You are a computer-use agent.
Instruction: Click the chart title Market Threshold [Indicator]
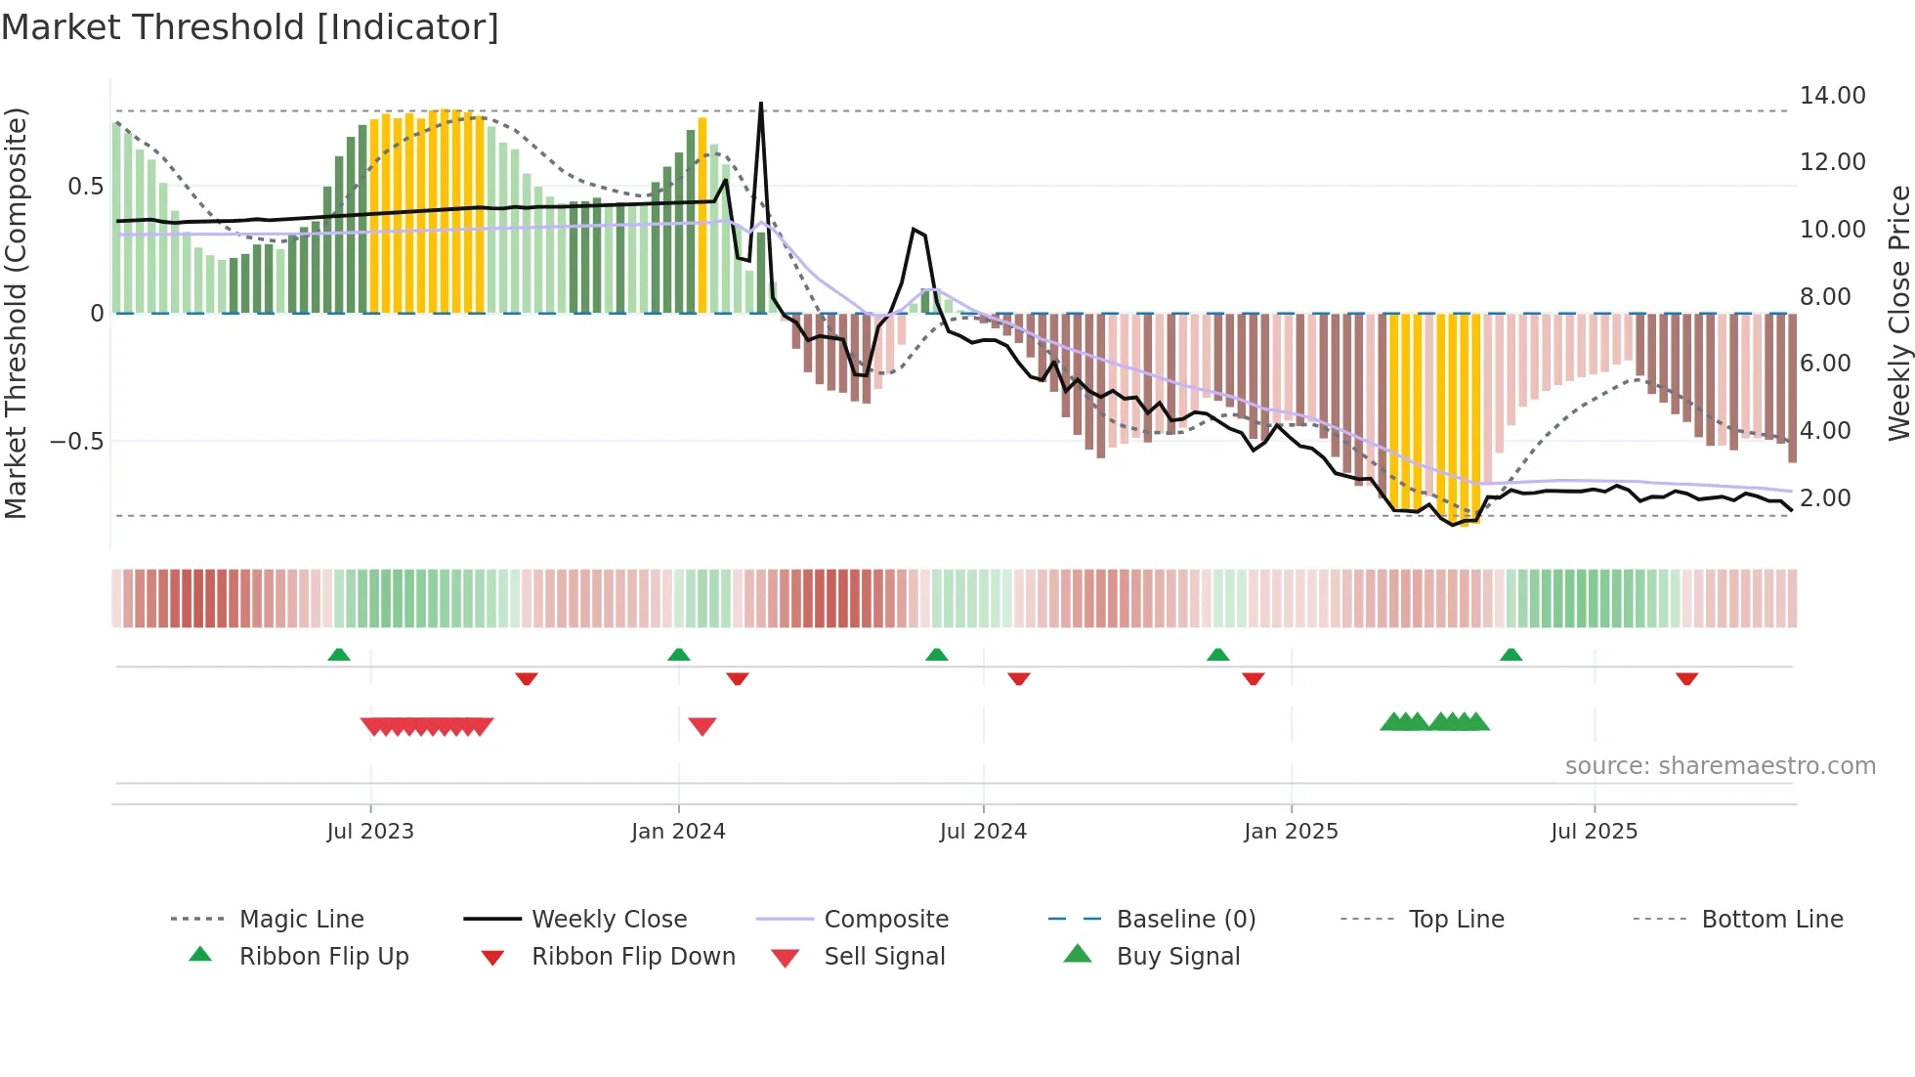[250, 27]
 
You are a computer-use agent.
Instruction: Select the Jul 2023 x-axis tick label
[370, 832]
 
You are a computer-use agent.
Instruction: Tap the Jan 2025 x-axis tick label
[1291, 832]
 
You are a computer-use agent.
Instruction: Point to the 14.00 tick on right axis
[1832, 96]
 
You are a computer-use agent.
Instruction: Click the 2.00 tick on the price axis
[1825, 498]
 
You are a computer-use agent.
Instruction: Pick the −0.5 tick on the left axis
[77, 442]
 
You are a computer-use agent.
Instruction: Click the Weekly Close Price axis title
[1898, 313]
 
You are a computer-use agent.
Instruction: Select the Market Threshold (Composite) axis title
[16, 313]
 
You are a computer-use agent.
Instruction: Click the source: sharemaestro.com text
[1720, 766]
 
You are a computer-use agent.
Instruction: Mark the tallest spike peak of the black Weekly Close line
[761, 104]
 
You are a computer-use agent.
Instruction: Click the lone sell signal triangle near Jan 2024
[702, 726]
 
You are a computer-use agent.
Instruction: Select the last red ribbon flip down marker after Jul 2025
[1686, 678]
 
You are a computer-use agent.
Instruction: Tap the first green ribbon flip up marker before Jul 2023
[339, 654]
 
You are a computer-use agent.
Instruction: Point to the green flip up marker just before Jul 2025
[1511, 654]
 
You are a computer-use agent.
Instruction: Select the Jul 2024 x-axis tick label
[983, 832]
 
